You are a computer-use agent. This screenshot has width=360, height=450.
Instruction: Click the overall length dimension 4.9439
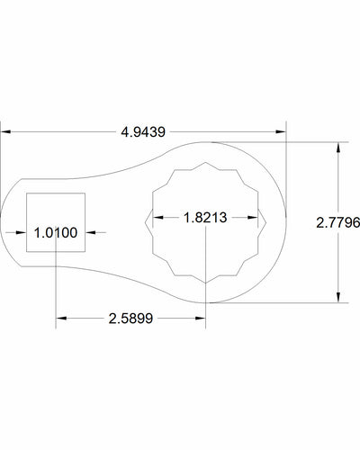click(x=144, y=131)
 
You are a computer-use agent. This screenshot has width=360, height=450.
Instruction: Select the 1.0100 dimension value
click(x=56, y=233)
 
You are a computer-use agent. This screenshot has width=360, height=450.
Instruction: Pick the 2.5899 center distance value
click(x=134, y=318)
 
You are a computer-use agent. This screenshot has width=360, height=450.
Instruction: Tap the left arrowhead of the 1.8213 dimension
click(x=155, y=217)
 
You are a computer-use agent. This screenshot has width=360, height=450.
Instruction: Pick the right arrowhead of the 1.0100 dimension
click(x=90, y=233)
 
